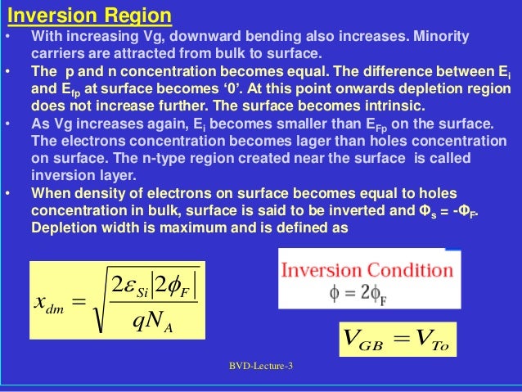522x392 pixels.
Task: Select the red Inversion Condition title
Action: point(367,270)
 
